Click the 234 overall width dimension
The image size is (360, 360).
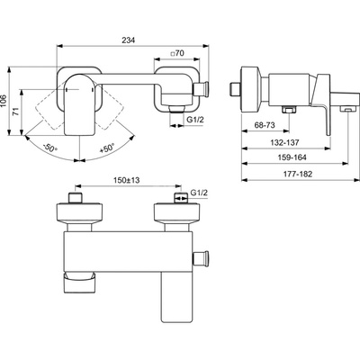tap(129, 40)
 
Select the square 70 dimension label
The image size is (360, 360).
tap(177, 53)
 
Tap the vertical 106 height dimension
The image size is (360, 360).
tap(4, 102)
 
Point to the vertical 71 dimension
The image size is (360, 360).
tap(16, 112)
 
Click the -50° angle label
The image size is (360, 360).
tap(50, 148)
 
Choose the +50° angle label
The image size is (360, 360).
tap(107, 148)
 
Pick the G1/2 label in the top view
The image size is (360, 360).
tap(195, 120)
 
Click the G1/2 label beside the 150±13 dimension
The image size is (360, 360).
tap(199, 193)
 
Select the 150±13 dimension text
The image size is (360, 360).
tap(127, 180)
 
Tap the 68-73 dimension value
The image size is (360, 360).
tap(265, 125)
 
